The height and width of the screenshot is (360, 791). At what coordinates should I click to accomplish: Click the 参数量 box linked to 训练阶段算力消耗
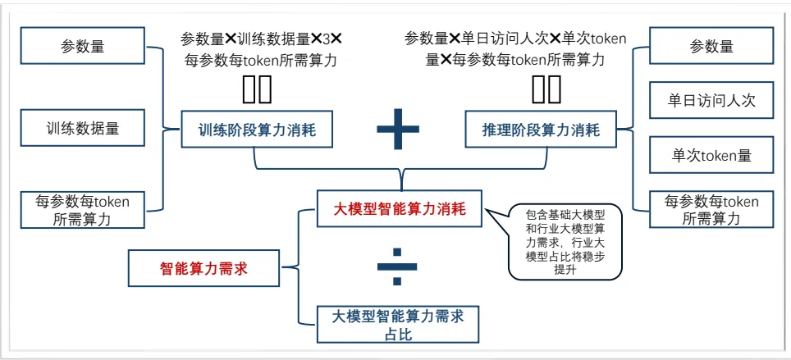tap(82, 47)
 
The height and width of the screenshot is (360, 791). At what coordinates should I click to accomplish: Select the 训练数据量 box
tap(82, 129)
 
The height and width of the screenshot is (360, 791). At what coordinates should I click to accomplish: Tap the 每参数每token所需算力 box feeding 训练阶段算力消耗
tap(82, 210)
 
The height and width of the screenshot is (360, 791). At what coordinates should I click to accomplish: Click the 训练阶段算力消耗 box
tap(257, 129)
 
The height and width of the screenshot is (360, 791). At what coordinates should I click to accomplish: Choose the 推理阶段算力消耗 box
tap(541, 129)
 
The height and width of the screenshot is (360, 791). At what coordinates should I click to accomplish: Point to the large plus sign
tap(398, 129)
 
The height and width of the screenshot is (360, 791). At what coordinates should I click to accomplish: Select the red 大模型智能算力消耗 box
tap(400, 209)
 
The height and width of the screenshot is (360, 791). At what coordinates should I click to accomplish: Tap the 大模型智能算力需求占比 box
tap(398, 323)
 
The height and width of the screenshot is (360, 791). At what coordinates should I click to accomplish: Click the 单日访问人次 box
tap(711, 101)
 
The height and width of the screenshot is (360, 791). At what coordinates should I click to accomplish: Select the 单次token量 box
tap(711, 155)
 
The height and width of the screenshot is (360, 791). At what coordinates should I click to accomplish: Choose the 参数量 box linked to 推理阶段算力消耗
tap(711, 47)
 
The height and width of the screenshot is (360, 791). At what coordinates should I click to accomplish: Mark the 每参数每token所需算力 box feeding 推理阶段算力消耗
tap(711, 210)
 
